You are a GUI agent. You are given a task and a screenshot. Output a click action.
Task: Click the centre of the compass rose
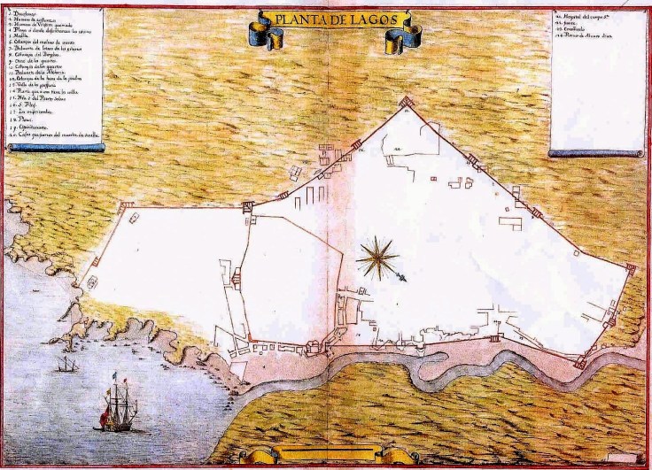(x=376, y=257)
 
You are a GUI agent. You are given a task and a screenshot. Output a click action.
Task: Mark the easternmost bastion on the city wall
(x=631, y=266)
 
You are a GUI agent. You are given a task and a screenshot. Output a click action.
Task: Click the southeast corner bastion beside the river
(x=580, y=360)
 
